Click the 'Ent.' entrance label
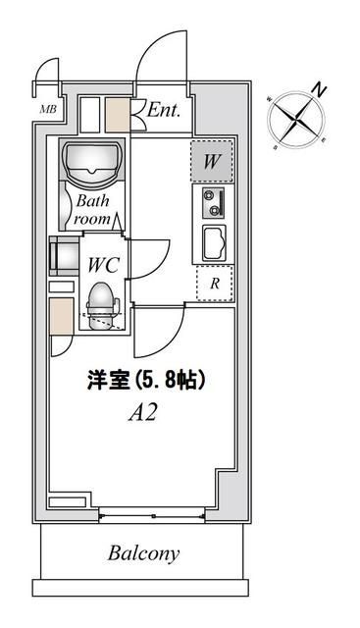[163, 111]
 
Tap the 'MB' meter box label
[47, 109]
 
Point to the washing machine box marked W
[213, 161]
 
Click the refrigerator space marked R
[214, 286]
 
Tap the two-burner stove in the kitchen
[213, 203]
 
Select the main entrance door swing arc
[159, 59]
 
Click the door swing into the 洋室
[157, 332]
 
